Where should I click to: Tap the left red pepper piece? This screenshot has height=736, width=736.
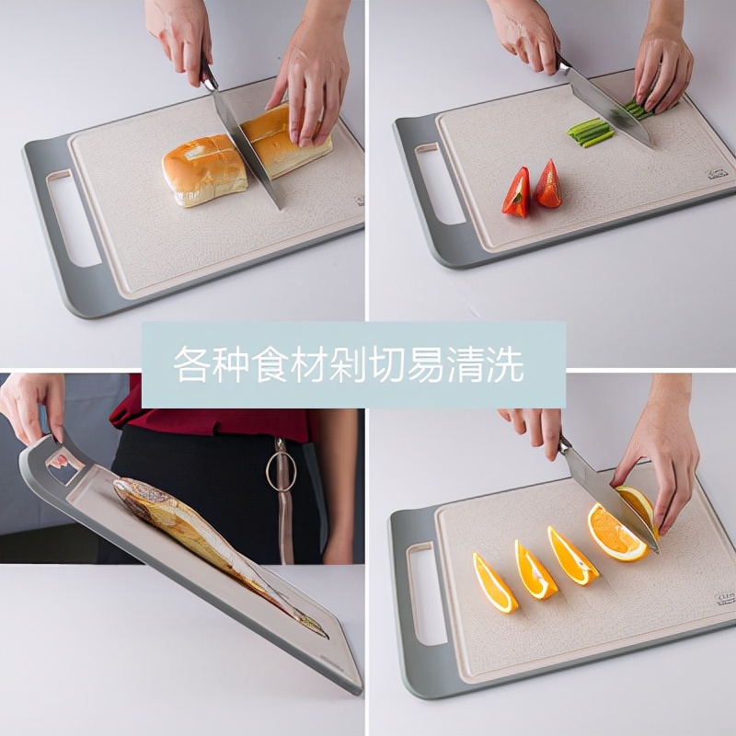tap(517, 194)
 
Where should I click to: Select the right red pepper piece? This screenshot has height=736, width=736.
tap(548, 185)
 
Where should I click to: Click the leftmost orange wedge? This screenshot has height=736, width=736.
tap(494, 583)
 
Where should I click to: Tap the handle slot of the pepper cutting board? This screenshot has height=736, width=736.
tap(440, 184)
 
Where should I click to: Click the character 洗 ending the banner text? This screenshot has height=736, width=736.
tap(508, 365)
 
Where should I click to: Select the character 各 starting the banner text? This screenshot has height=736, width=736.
tap(190, 365)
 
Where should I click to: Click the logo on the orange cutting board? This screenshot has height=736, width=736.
tap(723, 598)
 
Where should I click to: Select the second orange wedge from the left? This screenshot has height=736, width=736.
tap(535, 571)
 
